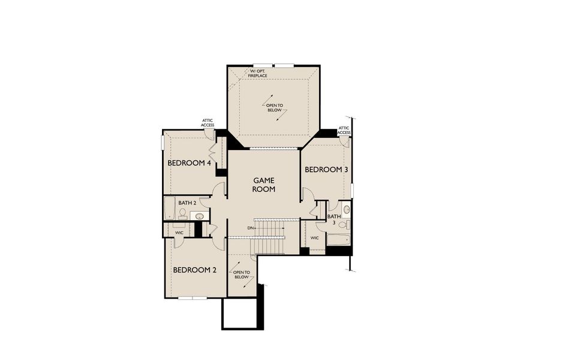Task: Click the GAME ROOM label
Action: point(264,184)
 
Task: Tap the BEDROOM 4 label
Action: point(188,163)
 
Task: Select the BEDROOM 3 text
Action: point(326,170)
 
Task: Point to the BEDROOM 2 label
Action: point(195,270)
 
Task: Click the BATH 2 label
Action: point(187,203)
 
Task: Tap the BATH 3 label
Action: point(333,220)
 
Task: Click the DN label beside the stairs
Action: point(250,229)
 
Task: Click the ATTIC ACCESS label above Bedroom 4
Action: point(208,123)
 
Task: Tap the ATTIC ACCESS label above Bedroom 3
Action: point(344,130)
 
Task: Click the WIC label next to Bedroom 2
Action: point(179,232)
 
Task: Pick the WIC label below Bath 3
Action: point(314,238)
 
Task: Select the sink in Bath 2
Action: point(201,215)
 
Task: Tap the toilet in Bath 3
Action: point(342,224)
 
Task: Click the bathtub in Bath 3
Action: point(338,240)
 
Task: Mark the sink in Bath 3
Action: point(346,209)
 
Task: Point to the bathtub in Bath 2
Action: point(169,208)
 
